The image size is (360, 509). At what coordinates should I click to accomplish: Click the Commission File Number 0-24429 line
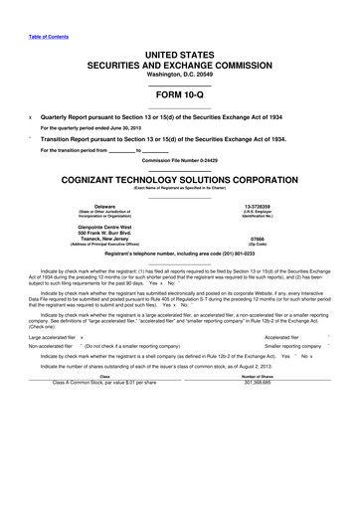point(179,159)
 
